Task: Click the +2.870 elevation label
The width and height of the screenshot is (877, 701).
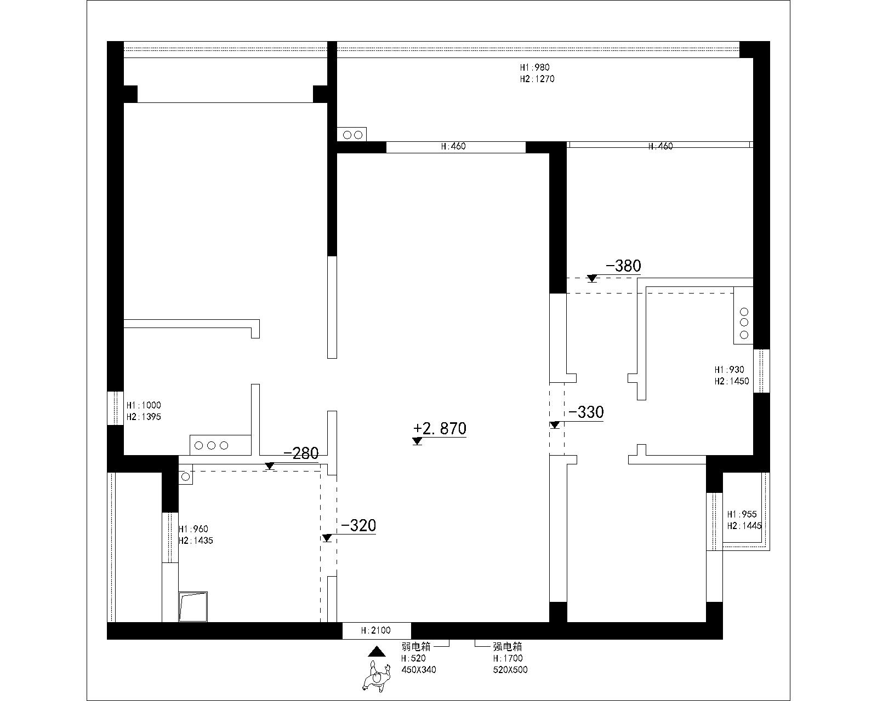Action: click(x=440, y=428)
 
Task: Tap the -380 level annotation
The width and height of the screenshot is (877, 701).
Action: click(x=623, y=266)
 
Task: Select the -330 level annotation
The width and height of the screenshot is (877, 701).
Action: click(x=586, y=412)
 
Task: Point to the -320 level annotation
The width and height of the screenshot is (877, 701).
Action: click(x=358, y=526)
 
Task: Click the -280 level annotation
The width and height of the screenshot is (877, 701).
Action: click(x=301, y=453)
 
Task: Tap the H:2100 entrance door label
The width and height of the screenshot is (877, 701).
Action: click(x=376, y=631)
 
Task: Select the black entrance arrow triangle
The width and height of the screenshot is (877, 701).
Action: click(x=376, y=652)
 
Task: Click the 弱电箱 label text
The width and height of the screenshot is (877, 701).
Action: click(x=416, y=647)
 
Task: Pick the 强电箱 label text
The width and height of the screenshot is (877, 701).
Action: click(x=507, y=647)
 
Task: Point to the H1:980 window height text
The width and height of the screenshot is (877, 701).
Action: click(x=534, y=67)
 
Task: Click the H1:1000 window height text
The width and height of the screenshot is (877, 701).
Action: click(x=144, y=405)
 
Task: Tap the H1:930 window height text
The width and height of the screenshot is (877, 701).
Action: click(x=729, y=370)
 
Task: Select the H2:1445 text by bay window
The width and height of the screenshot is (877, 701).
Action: click(x=744, y=526)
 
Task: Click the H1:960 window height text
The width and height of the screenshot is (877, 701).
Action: click(x=193, y=529)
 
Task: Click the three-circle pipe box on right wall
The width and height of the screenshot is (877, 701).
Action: click(x=744, y=323)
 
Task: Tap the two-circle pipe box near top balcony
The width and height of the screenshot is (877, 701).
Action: click(x=352, y=134)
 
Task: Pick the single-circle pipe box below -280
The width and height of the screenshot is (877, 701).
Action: click(x=186, y=477)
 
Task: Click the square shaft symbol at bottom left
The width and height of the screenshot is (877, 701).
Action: click(x=193, y=606)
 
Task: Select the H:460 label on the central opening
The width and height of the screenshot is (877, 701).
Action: click(x=453, y=147)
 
